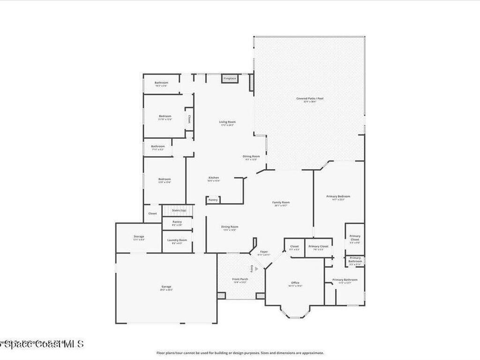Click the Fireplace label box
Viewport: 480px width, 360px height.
pos(230,78)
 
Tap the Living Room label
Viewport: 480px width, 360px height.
pos(227,122)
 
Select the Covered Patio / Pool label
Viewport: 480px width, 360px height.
pos(310,98)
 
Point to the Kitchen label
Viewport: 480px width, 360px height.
pos(214,178)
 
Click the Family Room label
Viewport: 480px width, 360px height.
pos(281,202)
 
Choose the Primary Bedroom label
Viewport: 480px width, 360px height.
pos(338,196)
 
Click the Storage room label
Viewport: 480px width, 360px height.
pos(139,237)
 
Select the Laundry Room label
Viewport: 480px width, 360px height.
pos(177,240)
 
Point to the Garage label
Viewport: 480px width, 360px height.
pos(166,286)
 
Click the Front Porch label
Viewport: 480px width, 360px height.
pos(240,279)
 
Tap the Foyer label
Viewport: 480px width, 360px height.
pos(264,252)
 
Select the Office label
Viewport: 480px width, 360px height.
pos(295,283)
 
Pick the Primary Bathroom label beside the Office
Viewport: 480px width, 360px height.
pos(345,280)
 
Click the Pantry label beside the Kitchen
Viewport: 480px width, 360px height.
pos(213,200)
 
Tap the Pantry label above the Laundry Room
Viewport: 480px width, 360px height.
pos(177,222)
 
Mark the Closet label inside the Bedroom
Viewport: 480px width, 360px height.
pos(189,119)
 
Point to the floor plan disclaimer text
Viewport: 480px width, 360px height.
pos(240,353)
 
